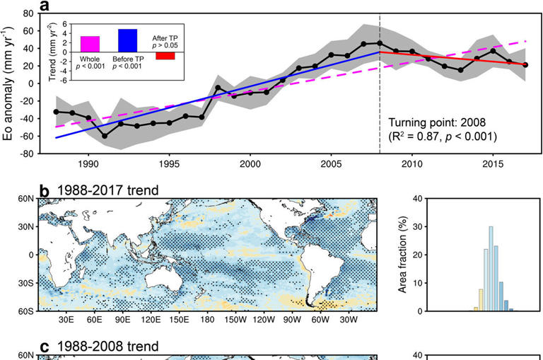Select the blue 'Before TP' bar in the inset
tap(127, 40)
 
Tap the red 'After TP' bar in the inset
tap(165, 56)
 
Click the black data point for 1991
tap(105, 136)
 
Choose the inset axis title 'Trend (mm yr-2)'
tap(56, 52)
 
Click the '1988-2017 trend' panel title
tap(103, 190)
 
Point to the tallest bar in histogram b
tap(491, 269)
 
